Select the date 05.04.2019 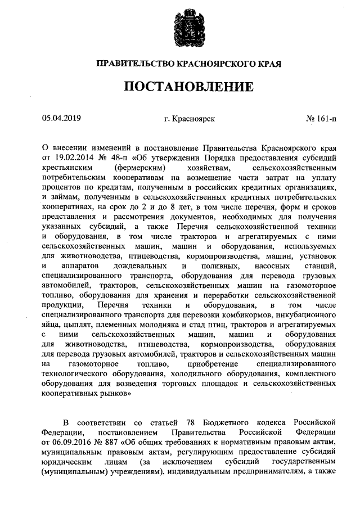point(61,118)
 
